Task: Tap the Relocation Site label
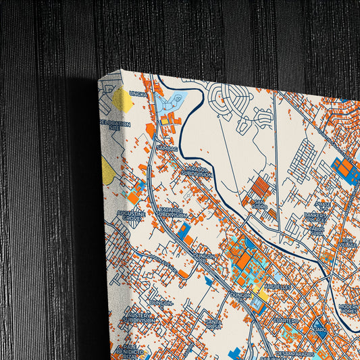111,124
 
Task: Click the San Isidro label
259,203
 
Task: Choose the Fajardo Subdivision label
169,213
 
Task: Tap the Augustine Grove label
131,215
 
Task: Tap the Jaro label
320,330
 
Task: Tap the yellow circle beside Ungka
122,100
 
